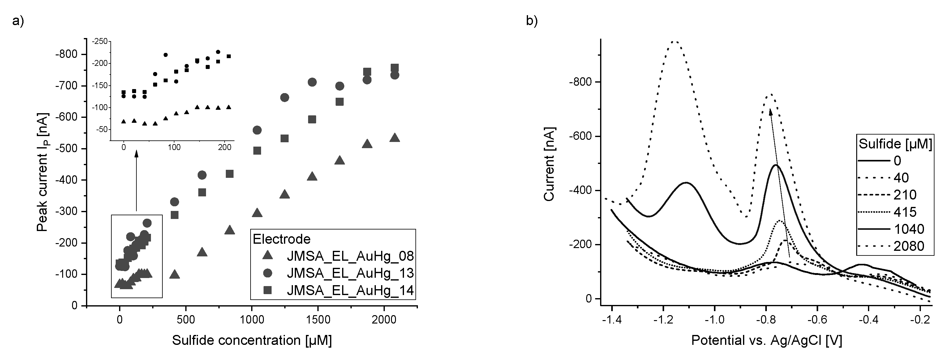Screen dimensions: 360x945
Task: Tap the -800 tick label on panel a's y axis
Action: coord(67,54)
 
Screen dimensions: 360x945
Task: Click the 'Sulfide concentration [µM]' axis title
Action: coord(252,341)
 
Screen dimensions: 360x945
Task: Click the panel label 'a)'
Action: coord(18,21)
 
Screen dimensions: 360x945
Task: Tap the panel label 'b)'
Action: coord(531,21)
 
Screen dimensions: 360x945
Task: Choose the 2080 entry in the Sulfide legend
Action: coord(909,246)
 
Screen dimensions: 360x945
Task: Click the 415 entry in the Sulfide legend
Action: coord(905,212)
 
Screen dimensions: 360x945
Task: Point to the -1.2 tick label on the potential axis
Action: coord(663,320)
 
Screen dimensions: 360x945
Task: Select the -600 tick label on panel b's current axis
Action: coord(580,136)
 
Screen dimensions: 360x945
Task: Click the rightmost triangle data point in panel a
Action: coord(394,138)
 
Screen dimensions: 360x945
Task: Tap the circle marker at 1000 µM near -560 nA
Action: coord(257,130)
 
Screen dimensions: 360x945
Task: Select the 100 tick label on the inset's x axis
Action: coord(174,148)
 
